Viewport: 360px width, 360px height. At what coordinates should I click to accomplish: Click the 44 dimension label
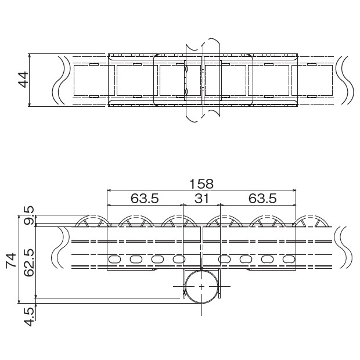23,80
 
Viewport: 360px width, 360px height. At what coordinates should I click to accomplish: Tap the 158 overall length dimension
201,183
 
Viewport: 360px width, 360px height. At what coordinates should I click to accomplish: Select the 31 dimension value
201,198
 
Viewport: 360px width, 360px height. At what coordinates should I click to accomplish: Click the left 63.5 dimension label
145,198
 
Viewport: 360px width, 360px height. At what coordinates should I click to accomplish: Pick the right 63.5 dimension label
262,198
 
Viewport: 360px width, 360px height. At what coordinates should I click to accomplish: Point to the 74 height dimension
11,260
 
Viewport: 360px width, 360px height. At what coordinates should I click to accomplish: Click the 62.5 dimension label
29,262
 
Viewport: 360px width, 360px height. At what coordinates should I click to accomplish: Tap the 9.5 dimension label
29,216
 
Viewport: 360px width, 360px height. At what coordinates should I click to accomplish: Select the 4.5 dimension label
29,317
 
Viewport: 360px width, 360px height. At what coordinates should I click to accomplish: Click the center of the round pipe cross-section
201,286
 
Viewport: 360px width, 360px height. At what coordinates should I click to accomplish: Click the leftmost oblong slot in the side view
114,260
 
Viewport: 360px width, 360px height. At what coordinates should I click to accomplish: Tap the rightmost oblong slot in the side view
289,259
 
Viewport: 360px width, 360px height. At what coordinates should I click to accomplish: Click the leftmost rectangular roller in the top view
94,80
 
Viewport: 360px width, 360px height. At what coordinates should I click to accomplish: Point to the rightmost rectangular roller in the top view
312,80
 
